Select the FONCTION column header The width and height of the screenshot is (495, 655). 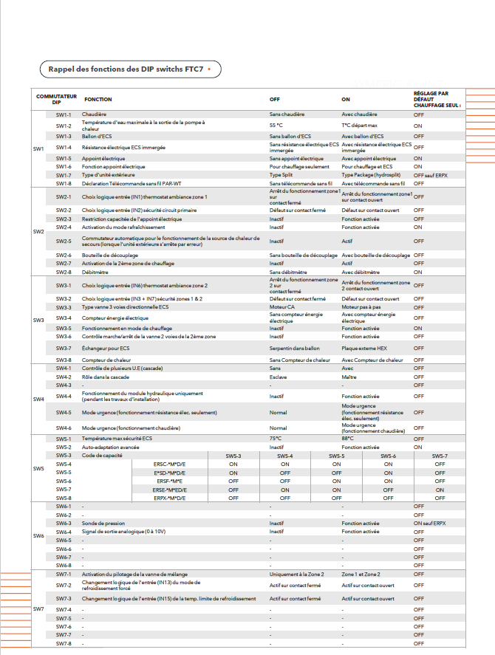tap(98, 99)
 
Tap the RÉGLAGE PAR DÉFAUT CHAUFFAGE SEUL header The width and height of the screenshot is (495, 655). tap(437, 99)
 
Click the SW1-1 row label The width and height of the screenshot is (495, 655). tap(64, 114)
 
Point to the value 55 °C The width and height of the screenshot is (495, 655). tap(276, 126)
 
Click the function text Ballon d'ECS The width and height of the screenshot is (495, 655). tap(97, 137)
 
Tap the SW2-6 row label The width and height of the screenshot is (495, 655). tap(64, 255)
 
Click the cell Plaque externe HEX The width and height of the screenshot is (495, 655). tap(361, 348)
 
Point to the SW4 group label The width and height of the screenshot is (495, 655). tap(39, 399)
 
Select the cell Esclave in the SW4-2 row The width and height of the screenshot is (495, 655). tap(278, 377)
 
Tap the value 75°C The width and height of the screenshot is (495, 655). tap(276, 439)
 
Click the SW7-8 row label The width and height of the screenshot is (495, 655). tap(64, 643)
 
